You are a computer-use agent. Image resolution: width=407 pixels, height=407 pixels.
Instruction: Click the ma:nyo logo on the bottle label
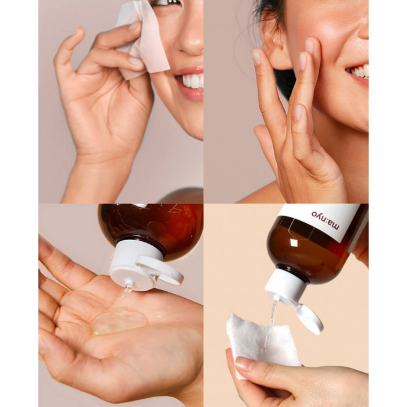pyautogui.click(x=325, y=220)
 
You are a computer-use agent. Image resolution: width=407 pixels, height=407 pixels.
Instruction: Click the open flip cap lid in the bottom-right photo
pyautogui.click(x=310, y=319)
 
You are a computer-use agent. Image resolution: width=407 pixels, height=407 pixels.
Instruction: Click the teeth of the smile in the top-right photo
pyautogui.click(x=359, y=71)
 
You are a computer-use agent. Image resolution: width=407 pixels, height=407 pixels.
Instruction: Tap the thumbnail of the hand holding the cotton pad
pyautogui.click(x=243, y=363)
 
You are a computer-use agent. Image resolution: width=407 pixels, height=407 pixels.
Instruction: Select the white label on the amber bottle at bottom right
pyautogui.click(x=324, y=220)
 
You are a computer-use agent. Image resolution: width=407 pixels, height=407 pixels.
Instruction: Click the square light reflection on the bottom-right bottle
pyautogui.click(x=294, y=242)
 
